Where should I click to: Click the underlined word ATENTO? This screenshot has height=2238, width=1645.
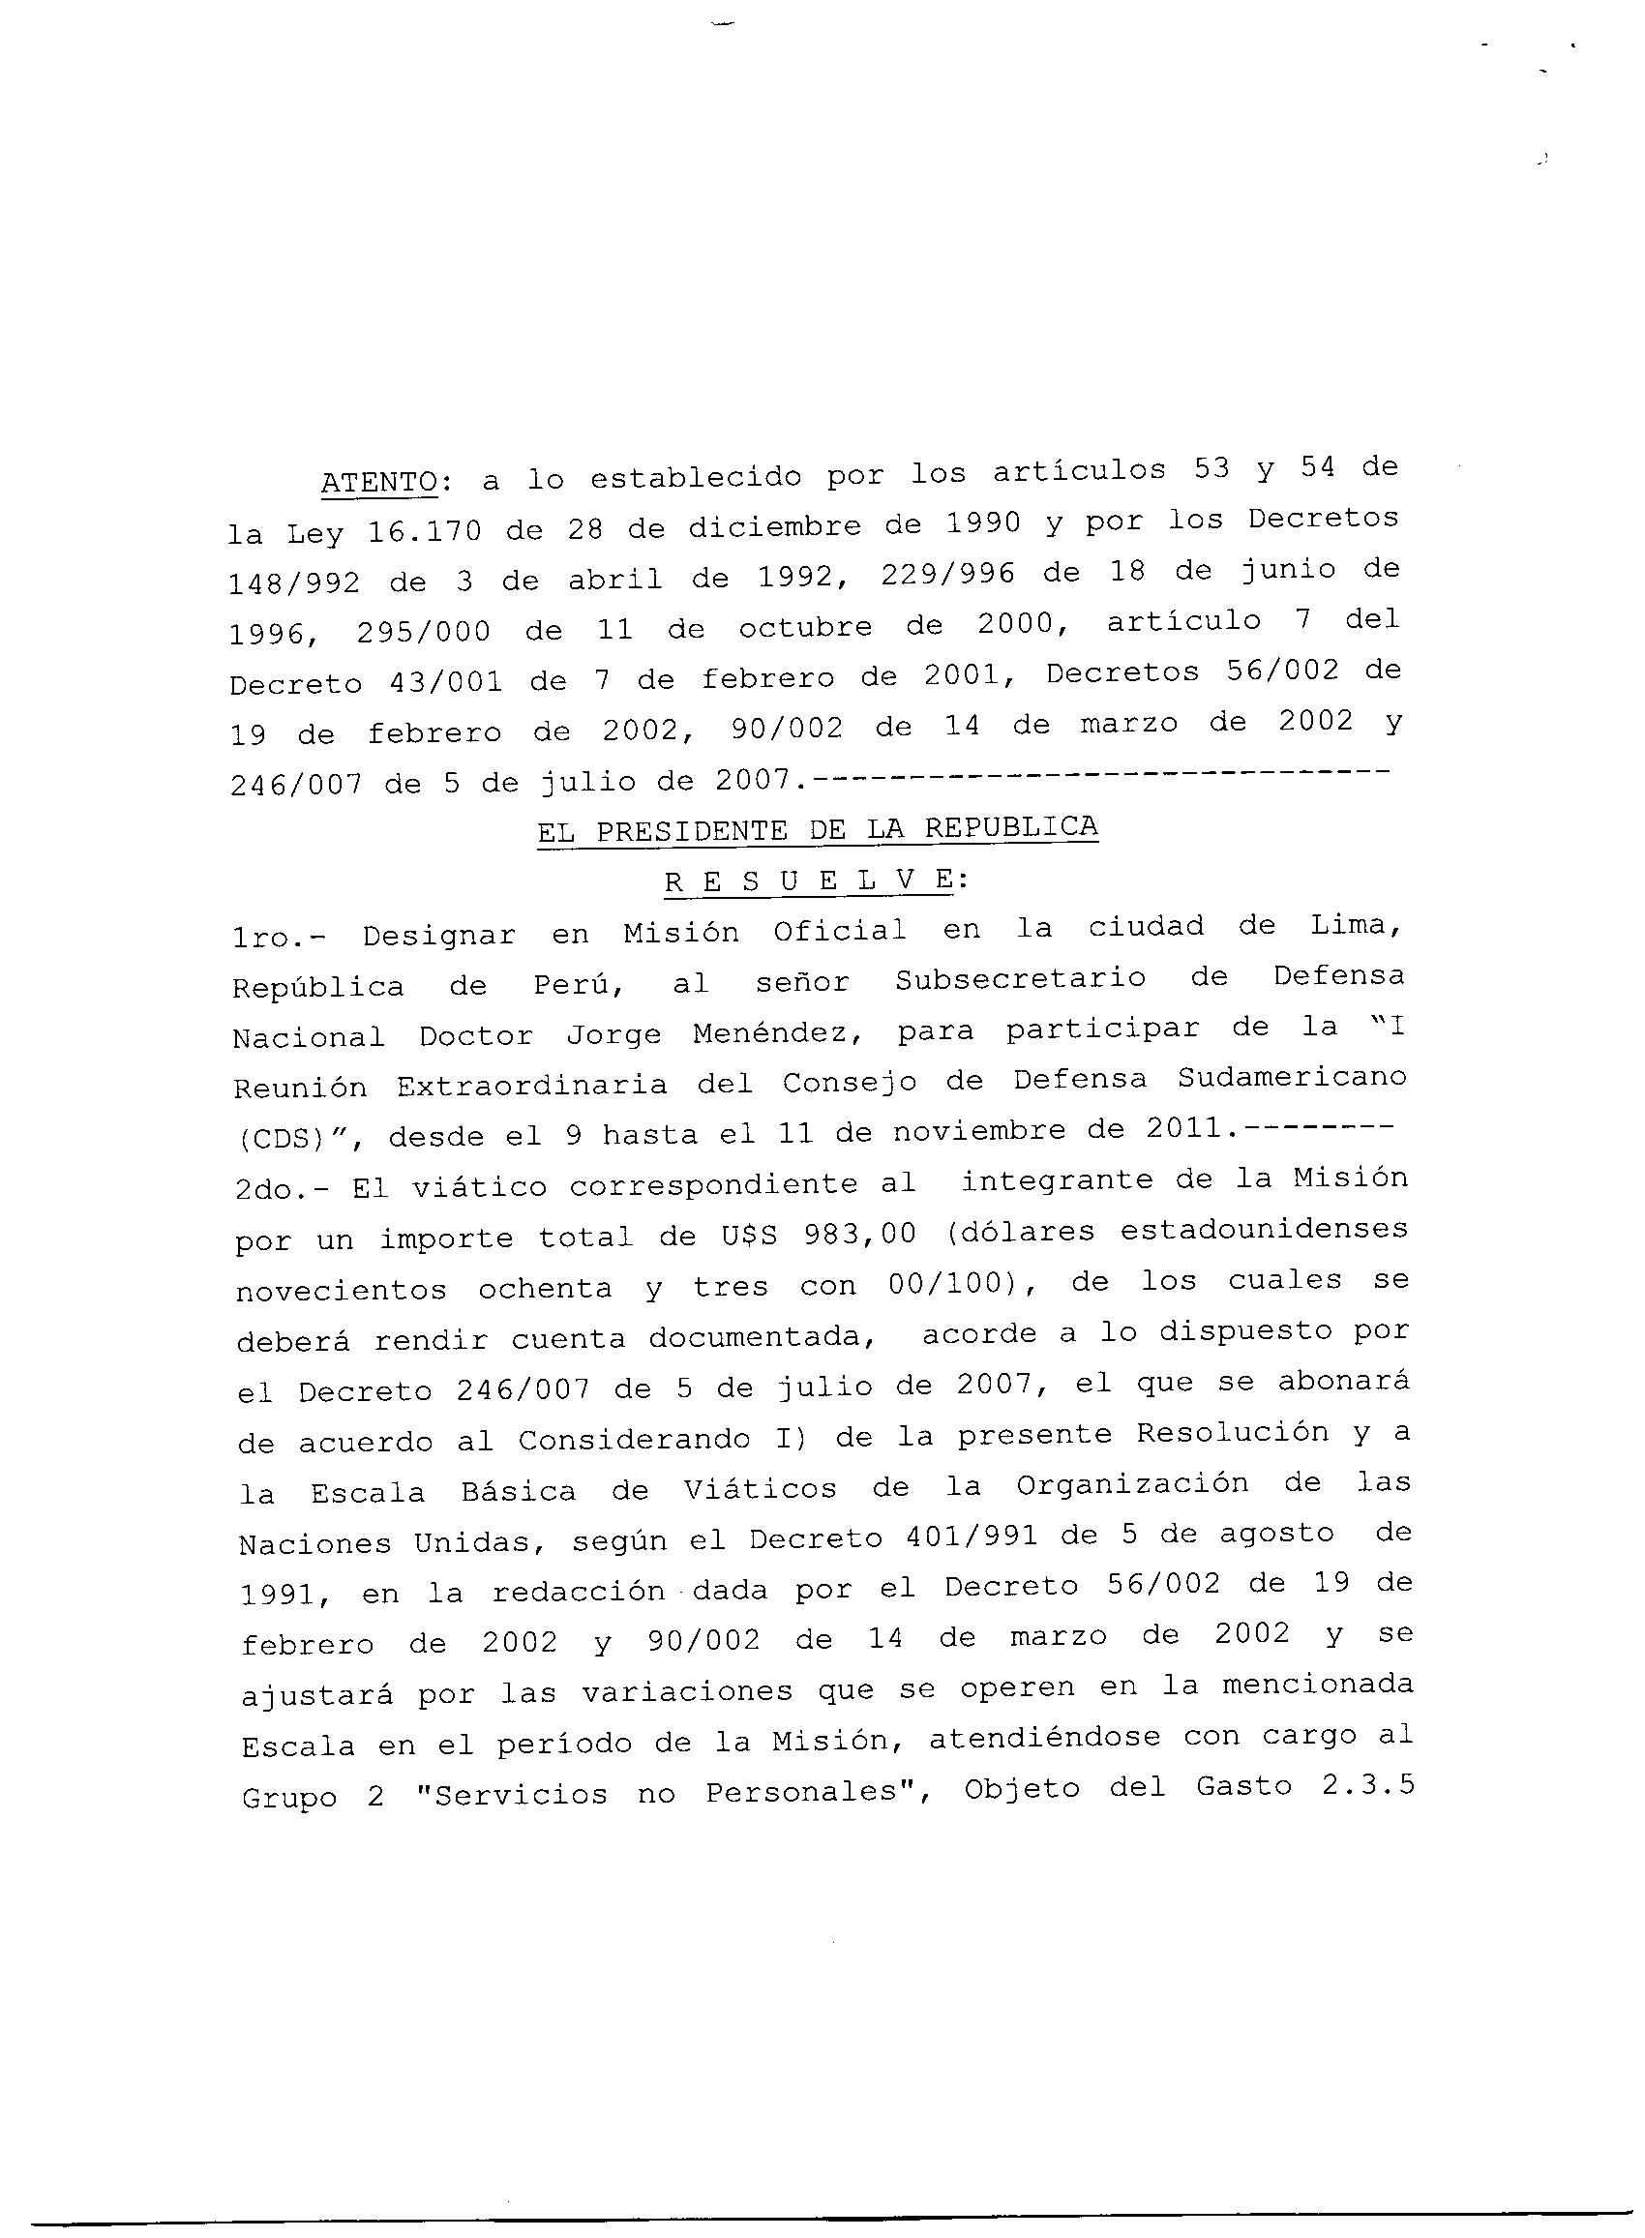click(379, 482)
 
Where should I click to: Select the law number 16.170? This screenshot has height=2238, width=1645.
click(424, 531)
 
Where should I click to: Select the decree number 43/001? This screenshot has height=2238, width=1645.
click(448, 682)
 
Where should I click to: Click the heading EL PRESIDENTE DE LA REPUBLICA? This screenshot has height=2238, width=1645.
click(818, 828)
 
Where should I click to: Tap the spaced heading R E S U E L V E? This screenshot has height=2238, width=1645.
click(809, 880)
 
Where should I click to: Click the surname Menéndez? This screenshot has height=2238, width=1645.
click(778, 1033)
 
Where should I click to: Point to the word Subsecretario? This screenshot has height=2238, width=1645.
click(1020, 978)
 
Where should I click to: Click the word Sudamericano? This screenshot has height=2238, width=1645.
click(1292, 1078)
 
